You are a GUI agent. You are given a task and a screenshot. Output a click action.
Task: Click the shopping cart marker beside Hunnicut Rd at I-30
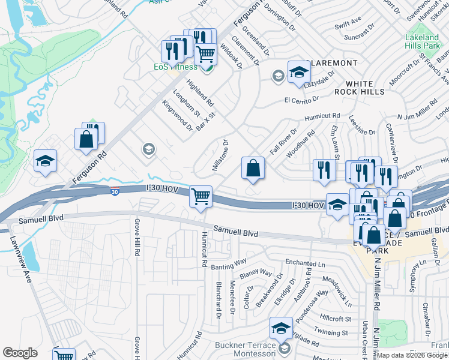(x=200, y=196)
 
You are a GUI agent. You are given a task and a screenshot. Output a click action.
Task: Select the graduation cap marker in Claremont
(x=298, y=73)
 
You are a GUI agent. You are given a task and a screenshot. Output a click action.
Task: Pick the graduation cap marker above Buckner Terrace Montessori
(x=280, y=328)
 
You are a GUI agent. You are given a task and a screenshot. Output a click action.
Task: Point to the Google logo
(x=20, y=353)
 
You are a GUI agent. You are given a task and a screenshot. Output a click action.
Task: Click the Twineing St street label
(x=334, y=332)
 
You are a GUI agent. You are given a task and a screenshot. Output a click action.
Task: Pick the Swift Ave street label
(x=348, y=26)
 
